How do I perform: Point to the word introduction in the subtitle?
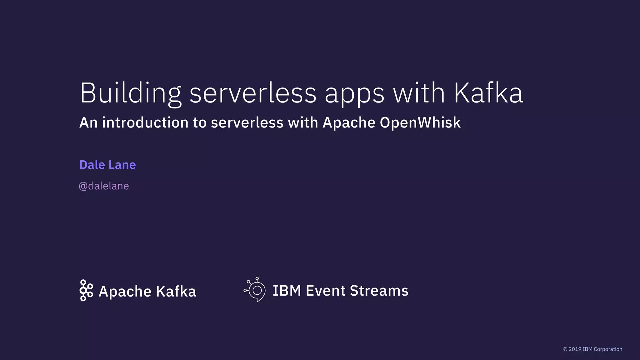[145, 122]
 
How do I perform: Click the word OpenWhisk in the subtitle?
[420, 122]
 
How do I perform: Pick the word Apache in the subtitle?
[349, 122]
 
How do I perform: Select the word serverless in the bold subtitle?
[247, 122]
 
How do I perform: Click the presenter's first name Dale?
[92, 165]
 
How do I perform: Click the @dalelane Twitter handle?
[104, 186]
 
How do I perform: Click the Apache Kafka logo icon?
[86, 290]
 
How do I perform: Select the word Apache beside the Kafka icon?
[125, 292]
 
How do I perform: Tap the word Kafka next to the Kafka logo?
[176, 291]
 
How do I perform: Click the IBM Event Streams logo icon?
[255, 290]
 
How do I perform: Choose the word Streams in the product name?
[379, 291]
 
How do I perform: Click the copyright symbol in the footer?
[565, 349]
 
